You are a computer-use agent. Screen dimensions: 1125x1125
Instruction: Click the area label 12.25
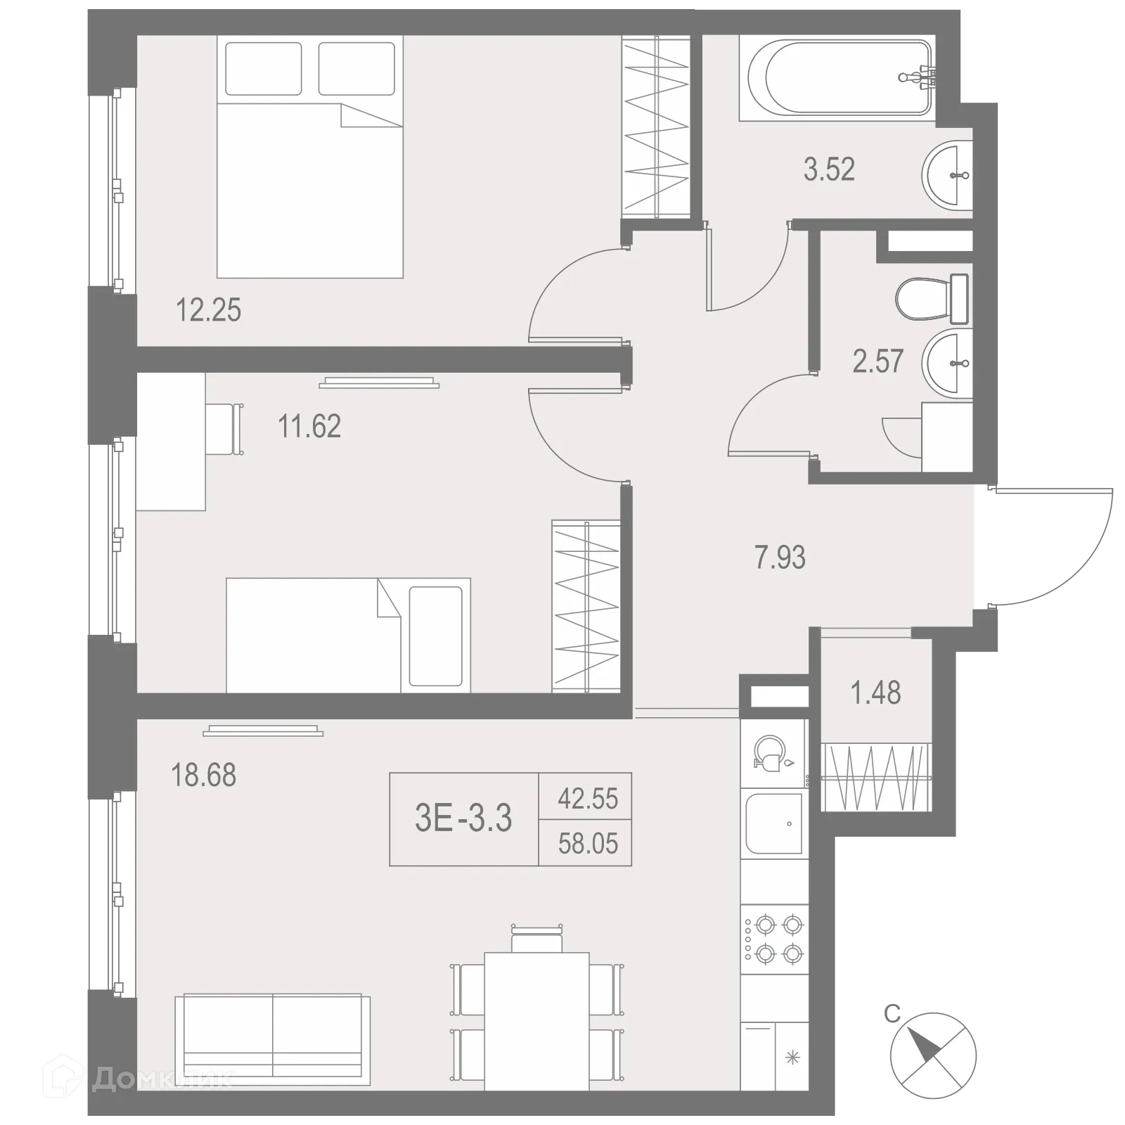coord(208,310)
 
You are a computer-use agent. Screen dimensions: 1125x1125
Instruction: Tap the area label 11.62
coord(309,427)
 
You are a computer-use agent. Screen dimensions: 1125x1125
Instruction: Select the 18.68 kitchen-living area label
coord(203,776)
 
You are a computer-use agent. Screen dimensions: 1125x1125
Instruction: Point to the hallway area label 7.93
coord(780,558)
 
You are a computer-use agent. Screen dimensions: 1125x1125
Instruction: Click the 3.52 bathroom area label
coord(829,170)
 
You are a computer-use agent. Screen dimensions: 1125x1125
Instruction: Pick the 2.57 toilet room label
coord(877,361)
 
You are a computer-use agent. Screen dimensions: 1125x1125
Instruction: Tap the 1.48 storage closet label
coord(875,693)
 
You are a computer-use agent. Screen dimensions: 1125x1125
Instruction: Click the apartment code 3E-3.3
coord(463,818)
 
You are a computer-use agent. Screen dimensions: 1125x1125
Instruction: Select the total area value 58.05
coord(588,843)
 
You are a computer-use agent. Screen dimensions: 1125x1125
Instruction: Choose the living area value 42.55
coord(588,799)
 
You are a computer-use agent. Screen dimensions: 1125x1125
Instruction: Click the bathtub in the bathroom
coord(837,77)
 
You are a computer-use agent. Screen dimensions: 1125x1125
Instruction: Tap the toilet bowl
coord(928,300)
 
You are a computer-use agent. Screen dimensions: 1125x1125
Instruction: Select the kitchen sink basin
coord(774,824)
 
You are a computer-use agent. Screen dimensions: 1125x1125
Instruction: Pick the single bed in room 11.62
coord(348,636)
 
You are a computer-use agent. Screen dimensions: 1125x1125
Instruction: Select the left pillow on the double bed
coord(264,68)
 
